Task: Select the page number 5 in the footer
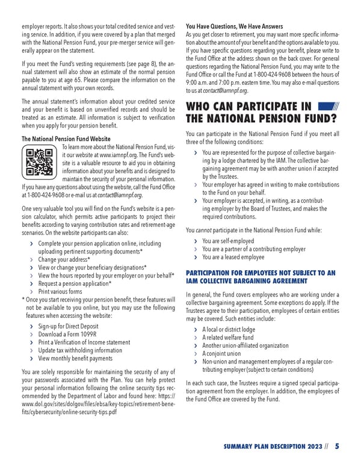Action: tap(338, 446)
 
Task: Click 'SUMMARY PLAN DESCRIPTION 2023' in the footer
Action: tap(270, 447)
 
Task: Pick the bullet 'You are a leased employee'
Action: tap(233, 257)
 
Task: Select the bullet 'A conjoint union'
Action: tap(226, 354)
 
